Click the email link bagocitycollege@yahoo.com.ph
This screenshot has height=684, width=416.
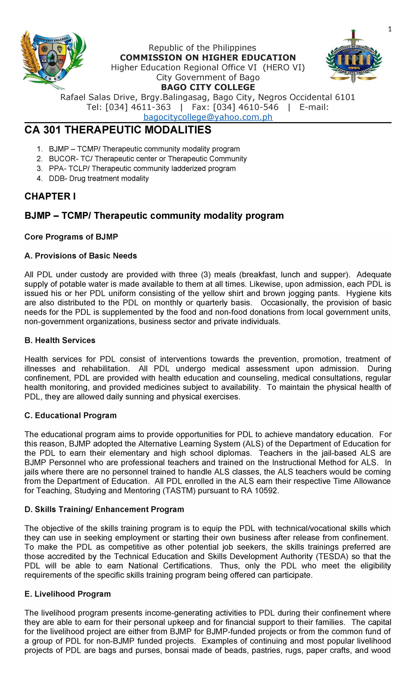pos(208,117)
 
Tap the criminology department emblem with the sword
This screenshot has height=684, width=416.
pos(353,57)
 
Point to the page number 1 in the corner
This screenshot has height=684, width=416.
pos(390,29)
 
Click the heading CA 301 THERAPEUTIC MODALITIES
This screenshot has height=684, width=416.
pos(118,130)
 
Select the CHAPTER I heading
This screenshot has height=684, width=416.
pos(50,196)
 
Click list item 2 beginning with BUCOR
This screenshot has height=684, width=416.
pos(148,159)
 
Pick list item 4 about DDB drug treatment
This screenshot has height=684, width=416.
pos(99,179)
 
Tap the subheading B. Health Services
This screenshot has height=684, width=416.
pos(60,340)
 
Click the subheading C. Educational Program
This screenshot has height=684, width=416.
pos(70,415)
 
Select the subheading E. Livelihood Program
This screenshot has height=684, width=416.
pos(68,594)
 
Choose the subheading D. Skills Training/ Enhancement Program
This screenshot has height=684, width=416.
pos(104,510)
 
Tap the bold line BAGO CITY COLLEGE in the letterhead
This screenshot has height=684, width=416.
pos(208,87)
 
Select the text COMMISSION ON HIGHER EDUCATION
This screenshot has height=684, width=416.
pos(208,57)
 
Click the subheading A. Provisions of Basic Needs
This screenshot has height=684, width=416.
pos(81,256)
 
